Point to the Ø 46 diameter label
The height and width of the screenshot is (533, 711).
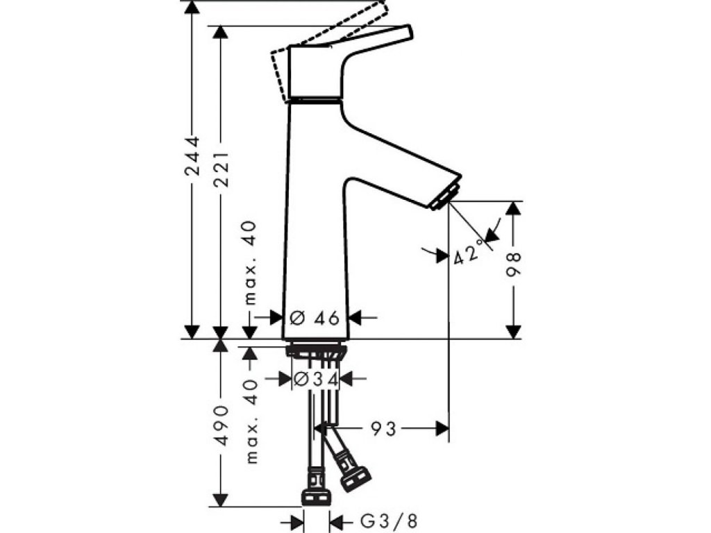pos(314,318)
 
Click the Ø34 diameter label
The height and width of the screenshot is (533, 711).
pos(315,379)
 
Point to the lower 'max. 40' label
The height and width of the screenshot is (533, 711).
pos(250,420)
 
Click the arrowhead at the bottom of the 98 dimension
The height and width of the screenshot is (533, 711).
pos(514,331)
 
